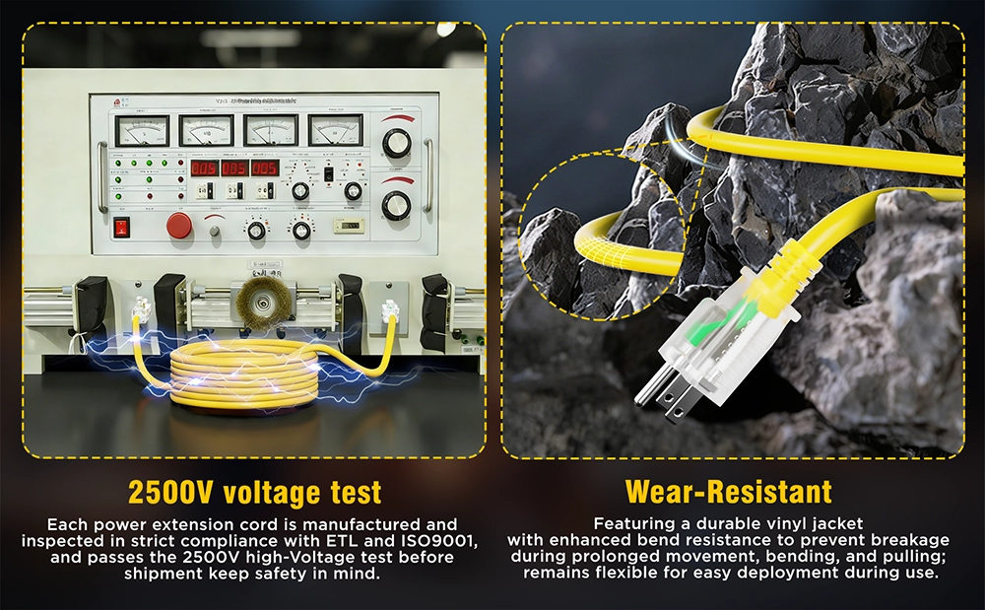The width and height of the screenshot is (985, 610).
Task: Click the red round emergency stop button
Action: pyautogui.click(x=178, y=225)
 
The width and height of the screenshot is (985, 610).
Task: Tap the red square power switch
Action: pyautogui.click(x=123, y=227)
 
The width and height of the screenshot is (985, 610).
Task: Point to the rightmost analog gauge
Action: pyautogui.click(x=335, y=129)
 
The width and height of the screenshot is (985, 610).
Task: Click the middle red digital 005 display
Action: pyautogui.click(x=234, y=168)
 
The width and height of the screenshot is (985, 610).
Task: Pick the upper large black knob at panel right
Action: pyautogui.click(x=396, y=144)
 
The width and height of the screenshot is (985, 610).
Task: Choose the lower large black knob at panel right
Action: pyautogui.click(x=396, y=205)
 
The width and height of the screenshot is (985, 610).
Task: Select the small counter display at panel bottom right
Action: pyautogui.click(x=347, y=227)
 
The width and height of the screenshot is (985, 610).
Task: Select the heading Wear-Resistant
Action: pyautogui.click(x=728, y=492)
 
